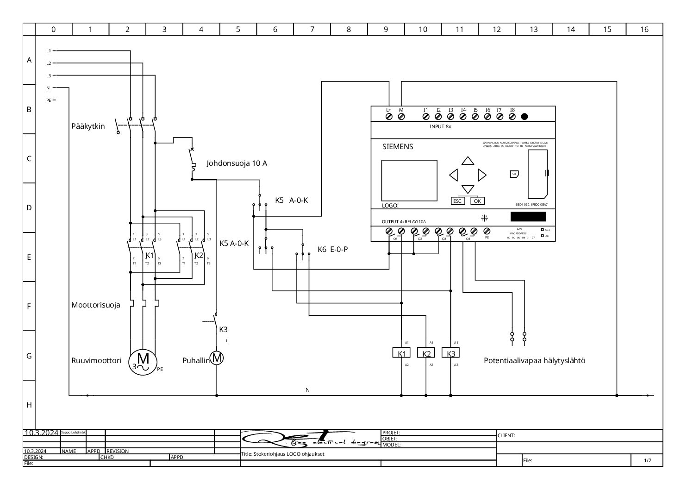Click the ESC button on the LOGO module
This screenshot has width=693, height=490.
457,201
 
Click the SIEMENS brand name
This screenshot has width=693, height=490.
397,147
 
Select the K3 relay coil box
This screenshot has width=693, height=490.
451,353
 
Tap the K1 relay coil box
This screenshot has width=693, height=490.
401,353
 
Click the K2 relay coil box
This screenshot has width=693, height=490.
426,353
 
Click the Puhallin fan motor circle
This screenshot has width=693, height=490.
217,358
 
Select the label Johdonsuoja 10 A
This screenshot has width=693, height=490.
237,163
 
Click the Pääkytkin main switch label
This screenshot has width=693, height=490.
88,126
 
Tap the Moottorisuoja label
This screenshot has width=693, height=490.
95,305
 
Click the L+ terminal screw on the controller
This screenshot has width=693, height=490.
389,117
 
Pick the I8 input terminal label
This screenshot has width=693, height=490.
512,110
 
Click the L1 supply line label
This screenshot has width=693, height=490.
49,50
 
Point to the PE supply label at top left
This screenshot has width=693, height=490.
49,100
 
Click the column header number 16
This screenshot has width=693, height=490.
644,30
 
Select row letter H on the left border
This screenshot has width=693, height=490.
29,405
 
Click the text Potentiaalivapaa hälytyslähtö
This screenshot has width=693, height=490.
534,361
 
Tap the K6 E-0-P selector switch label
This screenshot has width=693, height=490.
332,250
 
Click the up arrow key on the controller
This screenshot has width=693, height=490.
468,161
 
